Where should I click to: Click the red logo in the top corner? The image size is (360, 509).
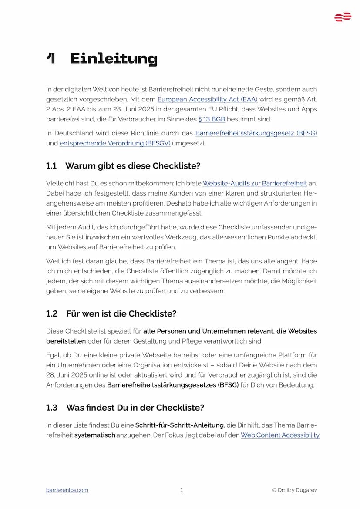pos(343,17)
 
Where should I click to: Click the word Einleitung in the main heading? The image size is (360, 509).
pos(113,58)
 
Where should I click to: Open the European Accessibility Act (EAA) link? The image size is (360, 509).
pos(207,99)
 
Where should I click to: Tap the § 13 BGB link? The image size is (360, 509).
pos(212,119)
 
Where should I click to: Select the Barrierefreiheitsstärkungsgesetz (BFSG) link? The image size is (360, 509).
pos(256,133)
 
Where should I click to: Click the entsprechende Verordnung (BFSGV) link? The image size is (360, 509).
pos(115,143)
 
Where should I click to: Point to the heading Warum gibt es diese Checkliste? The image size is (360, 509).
pos(132,166)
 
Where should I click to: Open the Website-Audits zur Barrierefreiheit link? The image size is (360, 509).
pos(255,183)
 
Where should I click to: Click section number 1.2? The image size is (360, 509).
pos(52,314)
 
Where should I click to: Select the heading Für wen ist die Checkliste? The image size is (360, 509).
pos(121,314)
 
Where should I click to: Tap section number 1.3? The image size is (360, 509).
pos(52,408)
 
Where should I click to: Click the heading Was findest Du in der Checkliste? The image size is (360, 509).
pos(135,408)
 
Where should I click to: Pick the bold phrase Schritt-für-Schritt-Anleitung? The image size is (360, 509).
pos(179,425)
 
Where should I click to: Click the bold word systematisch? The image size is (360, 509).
pos(94,435)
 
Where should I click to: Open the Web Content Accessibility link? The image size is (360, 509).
pos(280,435)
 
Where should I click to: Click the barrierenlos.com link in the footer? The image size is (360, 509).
pos(67,490)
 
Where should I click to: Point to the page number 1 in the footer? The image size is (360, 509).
pos(182,490)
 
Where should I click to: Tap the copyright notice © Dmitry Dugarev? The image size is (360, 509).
pos(294,490)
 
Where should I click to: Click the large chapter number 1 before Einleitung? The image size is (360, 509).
pos(51,58)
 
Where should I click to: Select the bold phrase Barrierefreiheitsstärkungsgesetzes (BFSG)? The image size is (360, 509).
pos(173,385)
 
